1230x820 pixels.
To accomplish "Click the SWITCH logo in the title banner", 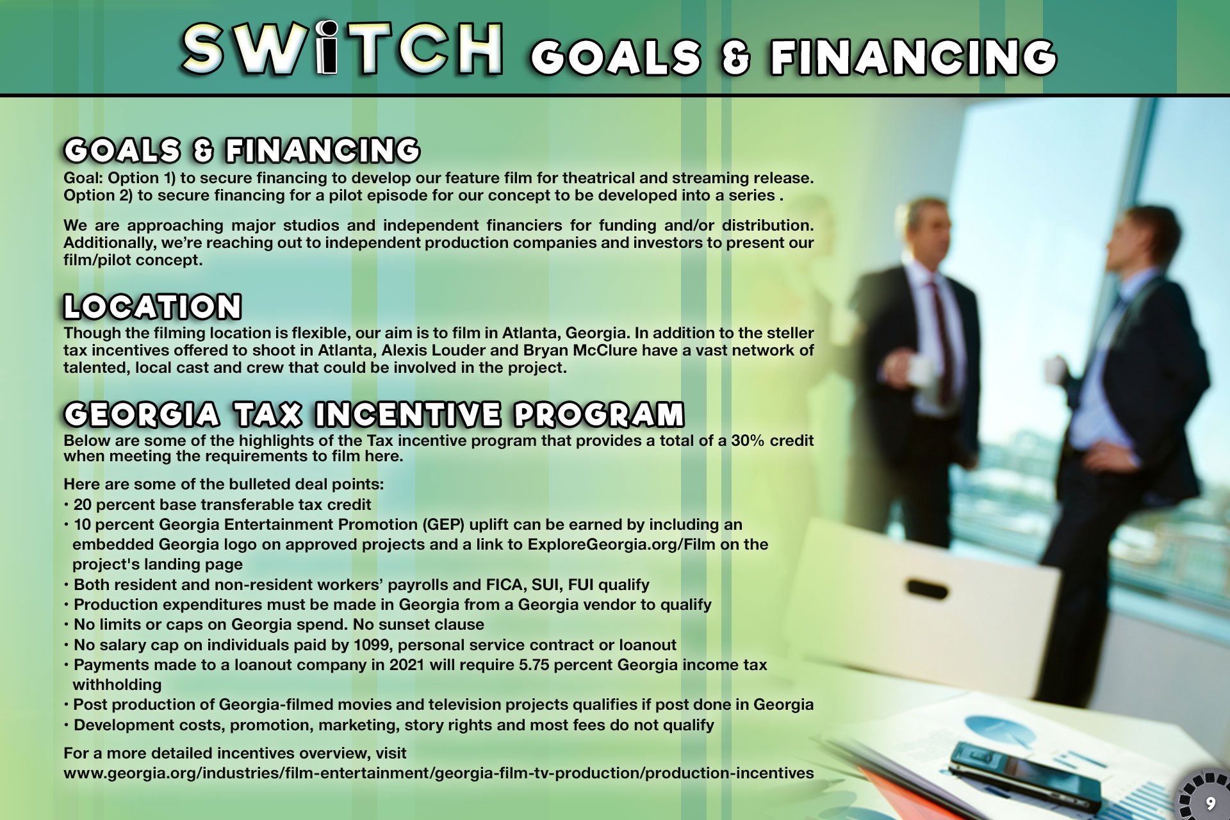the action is click(343, 48).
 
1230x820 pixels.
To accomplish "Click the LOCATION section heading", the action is click(152, 306).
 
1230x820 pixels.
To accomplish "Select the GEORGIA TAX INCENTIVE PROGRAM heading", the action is click(374, 414).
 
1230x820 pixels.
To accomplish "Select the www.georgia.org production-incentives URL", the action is click(439, 773).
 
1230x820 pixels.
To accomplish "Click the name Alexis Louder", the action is click(434, 350).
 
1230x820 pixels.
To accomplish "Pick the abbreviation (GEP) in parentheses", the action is click(443, 525).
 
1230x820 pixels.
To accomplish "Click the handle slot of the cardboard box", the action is click(927, 587).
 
